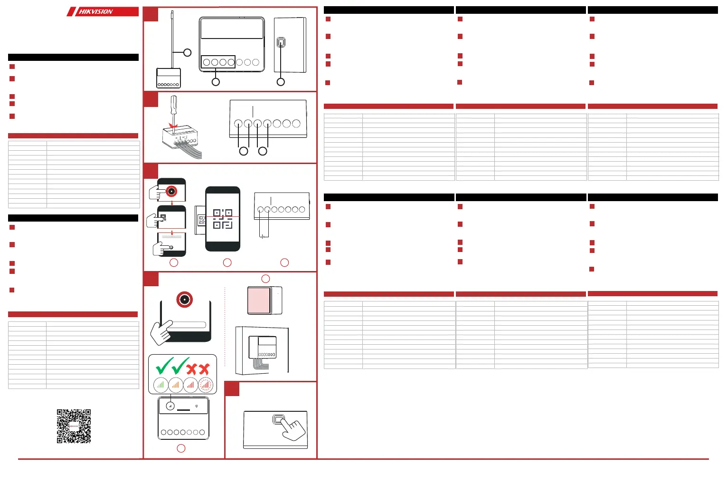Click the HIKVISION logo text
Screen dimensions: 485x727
(x=96, y=11)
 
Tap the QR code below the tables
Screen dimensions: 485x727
(x=74, y=426)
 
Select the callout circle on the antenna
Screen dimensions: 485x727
(x=188, y=53)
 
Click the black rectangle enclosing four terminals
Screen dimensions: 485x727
(x=218, y=62)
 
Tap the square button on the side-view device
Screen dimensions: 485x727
(x=281, y=43)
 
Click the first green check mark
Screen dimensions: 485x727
(x=164, y=366)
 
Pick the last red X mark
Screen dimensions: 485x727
(x=204, y=369)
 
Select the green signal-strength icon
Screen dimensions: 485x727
(x=161, y=385)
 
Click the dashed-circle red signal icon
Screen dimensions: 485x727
(x=206, y=385)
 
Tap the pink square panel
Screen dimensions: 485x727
(x=259, y=300)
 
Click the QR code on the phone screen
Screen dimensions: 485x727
(x=223, y=219)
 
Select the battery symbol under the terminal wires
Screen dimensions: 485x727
(x=264, y=236)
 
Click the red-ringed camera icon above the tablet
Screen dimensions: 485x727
(x=184, y=300)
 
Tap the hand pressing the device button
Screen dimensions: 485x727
(x=290, y=427)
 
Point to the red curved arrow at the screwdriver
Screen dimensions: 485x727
(x=173, y=127)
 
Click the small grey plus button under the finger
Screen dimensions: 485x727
(x=171, y=248)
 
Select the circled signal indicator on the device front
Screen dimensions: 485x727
(x=170, y=407)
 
